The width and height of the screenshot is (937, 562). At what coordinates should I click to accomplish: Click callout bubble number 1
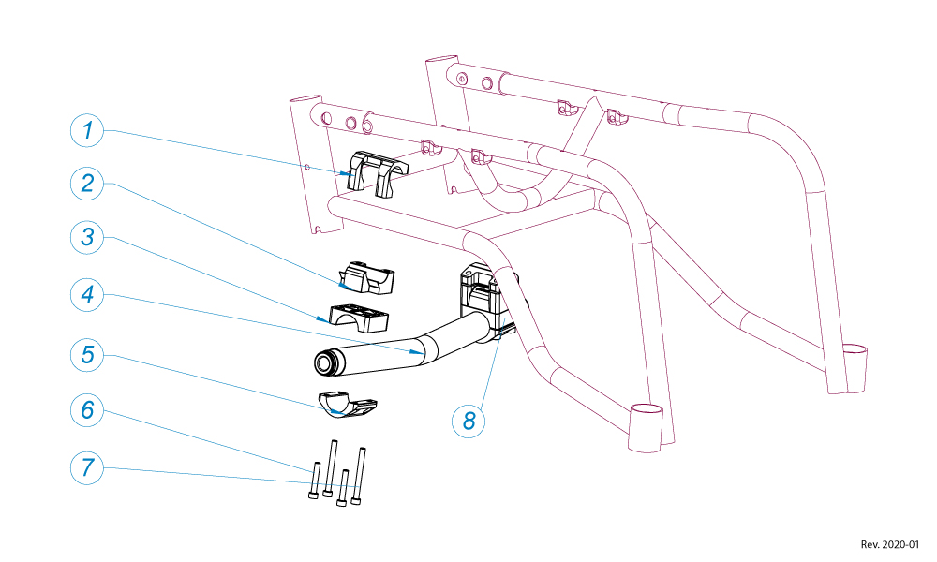(87, 130)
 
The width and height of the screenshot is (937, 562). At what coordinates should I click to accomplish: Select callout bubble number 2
(87, 183)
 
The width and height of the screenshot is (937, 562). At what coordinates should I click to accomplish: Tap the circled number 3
(87, 237)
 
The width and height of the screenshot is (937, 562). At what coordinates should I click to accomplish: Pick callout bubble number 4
(87, 295)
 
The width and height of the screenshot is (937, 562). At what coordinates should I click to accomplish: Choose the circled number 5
(87, 354)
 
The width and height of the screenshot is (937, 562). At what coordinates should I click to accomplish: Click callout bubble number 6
(87, 409)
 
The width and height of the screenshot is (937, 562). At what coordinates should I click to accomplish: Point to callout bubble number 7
(87, 466)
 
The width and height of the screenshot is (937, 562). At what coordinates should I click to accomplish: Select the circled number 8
(469, 420)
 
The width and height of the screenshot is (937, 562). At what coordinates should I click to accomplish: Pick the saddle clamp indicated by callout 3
(359, 317)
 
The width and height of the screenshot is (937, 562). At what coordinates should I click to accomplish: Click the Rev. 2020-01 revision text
(890, 544)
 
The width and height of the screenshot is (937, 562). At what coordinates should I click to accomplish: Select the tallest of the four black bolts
(359, 478)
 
